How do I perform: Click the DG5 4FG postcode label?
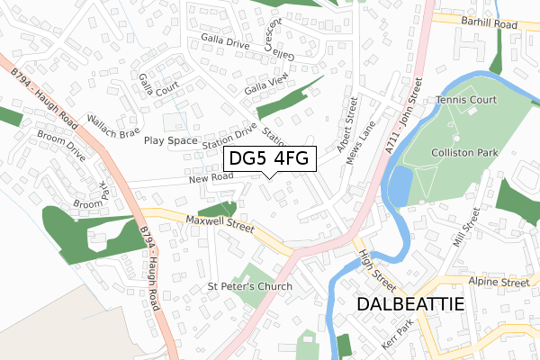click(269, 159)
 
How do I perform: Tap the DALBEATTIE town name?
click(410, 304)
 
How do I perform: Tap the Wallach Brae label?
click(112, 125)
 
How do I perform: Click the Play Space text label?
click(170, 140)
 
